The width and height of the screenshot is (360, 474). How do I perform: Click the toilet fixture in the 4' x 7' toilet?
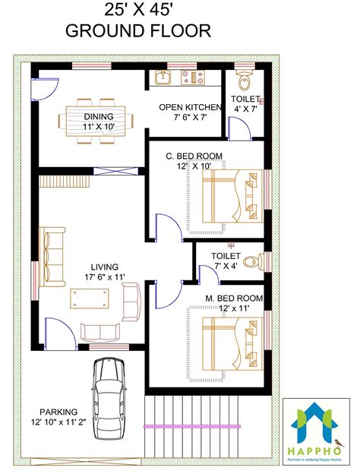245,82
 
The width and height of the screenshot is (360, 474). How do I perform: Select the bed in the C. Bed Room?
232,199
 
